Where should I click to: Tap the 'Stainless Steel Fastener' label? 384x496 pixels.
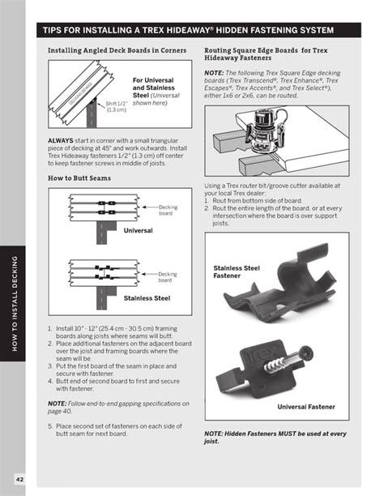tap(237, 272)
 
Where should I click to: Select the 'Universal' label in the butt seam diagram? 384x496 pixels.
tap(138, 230)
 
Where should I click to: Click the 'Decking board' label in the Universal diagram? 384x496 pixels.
tap(168, 210)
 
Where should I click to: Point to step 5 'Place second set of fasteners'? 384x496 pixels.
tap(117, 452)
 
